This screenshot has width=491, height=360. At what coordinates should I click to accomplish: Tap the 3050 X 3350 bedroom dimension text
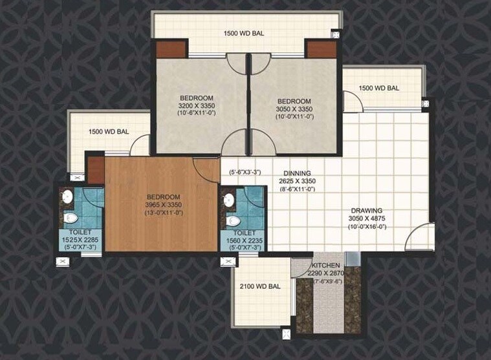294,109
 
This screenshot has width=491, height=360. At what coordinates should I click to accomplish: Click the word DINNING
297,173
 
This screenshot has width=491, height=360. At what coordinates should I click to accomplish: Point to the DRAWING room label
367,211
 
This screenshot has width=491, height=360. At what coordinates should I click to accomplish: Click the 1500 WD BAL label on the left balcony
109,132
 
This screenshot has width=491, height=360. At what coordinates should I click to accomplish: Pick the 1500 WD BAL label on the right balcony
378,88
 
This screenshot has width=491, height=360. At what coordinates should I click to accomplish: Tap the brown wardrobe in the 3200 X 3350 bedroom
169,49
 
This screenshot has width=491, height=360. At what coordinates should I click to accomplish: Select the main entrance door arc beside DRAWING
418,234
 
